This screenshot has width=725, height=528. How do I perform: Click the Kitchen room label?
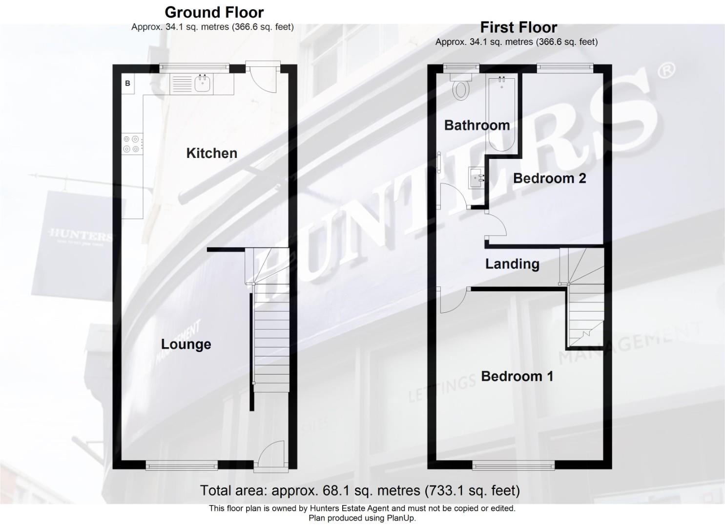click(x=211, y=153)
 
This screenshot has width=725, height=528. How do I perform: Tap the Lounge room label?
click(x=186, y=344)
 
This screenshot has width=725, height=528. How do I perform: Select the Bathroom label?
click(x=476, y=125)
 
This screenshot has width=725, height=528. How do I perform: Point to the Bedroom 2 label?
click(x=549, y=178)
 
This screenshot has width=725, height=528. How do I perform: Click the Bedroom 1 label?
click(x=517, y=376)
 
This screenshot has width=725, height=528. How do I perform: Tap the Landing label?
click(x=512, y=264)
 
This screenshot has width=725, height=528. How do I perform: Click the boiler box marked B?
click(x=128, y=84)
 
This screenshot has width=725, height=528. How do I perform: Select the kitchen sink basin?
click(x=202, y=84)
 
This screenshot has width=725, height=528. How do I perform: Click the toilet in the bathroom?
click(x=461, y=88)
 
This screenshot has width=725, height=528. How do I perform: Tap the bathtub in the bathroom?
click(x=501, y=115)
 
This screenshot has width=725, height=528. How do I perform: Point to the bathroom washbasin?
click(x=476, y=177)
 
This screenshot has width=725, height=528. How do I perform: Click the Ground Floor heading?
click(x=214, y=12)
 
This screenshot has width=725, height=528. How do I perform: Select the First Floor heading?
click(x=518, y=27)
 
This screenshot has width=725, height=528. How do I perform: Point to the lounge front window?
click(x=182, y=465)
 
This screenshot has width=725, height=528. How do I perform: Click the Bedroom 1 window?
click(x=514, y=465)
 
